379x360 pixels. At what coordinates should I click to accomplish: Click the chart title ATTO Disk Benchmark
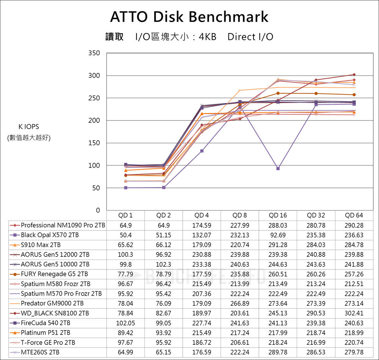tap(189, 17)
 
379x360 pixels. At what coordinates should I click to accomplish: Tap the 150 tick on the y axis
tap(95, 143)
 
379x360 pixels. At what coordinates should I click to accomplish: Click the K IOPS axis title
tap(29, 127)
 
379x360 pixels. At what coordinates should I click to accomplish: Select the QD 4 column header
tap(202, 215)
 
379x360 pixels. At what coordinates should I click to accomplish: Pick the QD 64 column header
tap(354, 215)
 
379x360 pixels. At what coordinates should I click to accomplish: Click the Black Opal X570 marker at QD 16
tap(278, 168)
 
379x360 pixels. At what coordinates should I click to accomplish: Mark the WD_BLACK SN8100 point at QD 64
tap(354, 75)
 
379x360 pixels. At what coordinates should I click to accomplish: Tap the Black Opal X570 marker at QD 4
tap(202, 151)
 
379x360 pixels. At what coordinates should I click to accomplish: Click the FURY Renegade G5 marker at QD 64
tap(354, 95)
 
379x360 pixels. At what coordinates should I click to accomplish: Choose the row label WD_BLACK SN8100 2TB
tap(55, 313)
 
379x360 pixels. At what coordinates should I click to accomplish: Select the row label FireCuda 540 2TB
tap(45, 323)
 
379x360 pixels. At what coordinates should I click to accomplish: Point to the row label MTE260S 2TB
tap(40, 352)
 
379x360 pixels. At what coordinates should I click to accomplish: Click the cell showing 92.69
tap(278, 235)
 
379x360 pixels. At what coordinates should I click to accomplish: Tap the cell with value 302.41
tap(354, 313)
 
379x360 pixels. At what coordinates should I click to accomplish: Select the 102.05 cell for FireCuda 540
tap(125, 323)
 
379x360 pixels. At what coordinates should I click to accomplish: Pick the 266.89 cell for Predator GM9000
tap(240, 304)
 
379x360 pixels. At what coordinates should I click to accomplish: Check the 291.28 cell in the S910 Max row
tap(278, 245)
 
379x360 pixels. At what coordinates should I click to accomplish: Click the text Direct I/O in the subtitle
tap(250, 37)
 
